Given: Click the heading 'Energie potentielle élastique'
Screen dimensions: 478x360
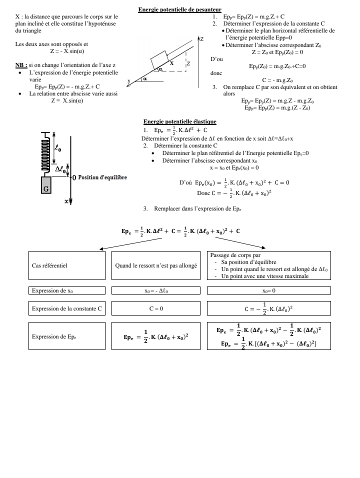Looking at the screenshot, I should tap(179, 121).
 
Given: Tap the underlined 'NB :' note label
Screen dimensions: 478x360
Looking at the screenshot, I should tap(21, 65).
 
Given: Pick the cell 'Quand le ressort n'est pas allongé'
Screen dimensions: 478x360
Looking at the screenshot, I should tap(156, 265).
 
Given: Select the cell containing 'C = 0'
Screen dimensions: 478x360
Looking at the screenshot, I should tap(156, 308).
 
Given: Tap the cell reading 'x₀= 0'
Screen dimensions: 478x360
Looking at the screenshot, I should tap(268, 290).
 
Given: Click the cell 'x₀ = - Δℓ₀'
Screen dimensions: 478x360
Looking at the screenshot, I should tap(156, 290).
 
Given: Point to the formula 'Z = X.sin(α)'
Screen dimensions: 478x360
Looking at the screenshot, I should tap(66, 100).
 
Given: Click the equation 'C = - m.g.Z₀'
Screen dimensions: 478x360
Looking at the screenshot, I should tap(277, 80).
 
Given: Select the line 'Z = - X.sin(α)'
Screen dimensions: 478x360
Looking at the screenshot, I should tap(68, 51).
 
